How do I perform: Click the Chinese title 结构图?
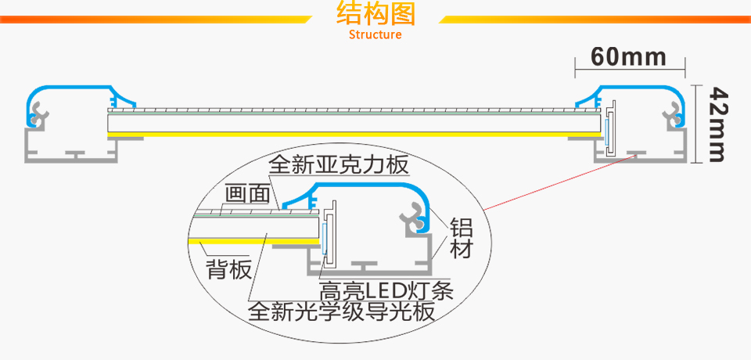(x=375, y=14)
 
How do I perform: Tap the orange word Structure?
(x=375, y=34)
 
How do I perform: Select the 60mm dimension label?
(x=629, y=56)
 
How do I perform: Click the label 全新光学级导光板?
(x=340, y=312)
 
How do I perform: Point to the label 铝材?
(x=460, y=239)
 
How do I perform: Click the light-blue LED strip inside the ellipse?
(x=323, y=236)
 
